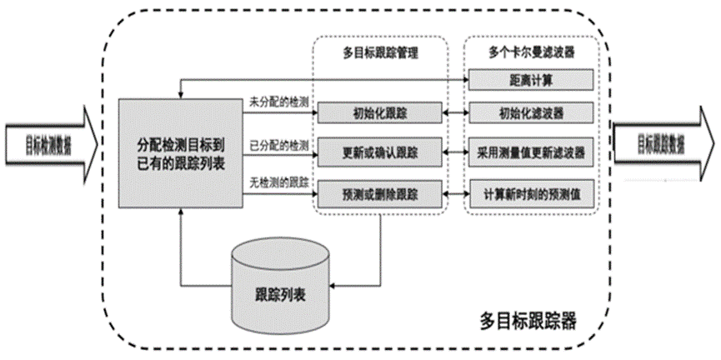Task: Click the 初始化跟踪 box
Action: (x=379, y=112)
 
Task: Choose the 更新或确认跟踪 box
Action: (x=379, y=152)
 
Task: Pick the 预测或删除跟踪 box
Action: (x=379, y=193)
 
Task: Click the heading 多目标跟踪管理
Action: (x=379, y=52)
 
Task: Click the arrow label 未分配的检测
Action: (x=279, y=101)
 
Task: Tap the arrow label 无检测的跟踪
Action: (x=279, y=182)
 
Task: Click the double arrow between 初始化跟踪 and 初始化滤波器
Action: (x=455, y=112)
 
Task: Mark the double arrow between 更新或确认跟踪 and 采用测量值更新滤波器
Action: (x=455, y=152)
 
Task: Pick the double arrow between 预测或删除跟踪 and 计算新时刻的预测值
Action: (x=455, y=193)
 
